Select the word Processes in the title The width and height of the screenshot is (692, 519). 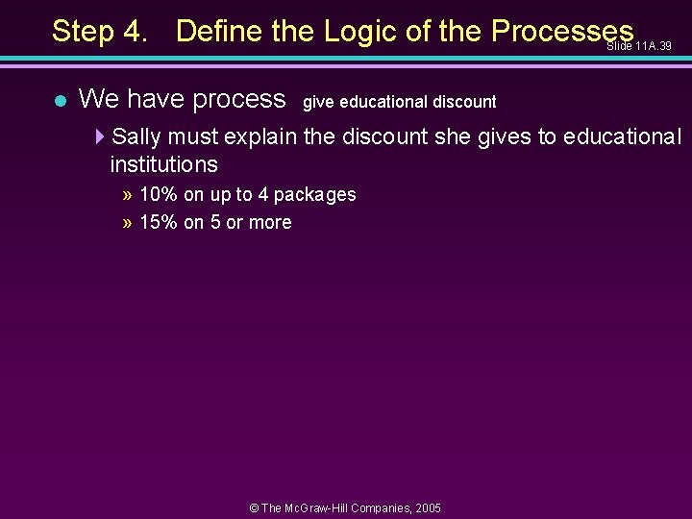coord(562,31)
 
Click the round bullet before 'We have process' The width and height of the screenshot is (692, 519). coord(59,100)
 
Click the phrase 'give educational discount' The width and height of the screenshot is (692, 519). coord(400,101)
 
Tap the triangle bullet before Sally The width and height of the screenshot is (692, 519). coord(101,136)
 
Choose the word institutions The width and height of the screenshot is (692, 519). coord(163,164)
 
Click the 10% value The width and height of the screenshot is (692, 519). coord(159,194)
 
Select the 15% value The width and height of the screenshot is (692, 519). coord(159,222)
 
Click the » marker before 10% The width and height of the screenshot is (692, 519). coord(128,195)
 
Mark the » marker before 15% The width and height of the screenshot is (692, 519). coord(128,223)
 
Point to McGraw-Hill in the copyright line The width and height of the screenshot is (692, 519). coord(326,507)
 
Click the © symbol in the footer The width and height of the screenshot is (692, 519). coord(254,507)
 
